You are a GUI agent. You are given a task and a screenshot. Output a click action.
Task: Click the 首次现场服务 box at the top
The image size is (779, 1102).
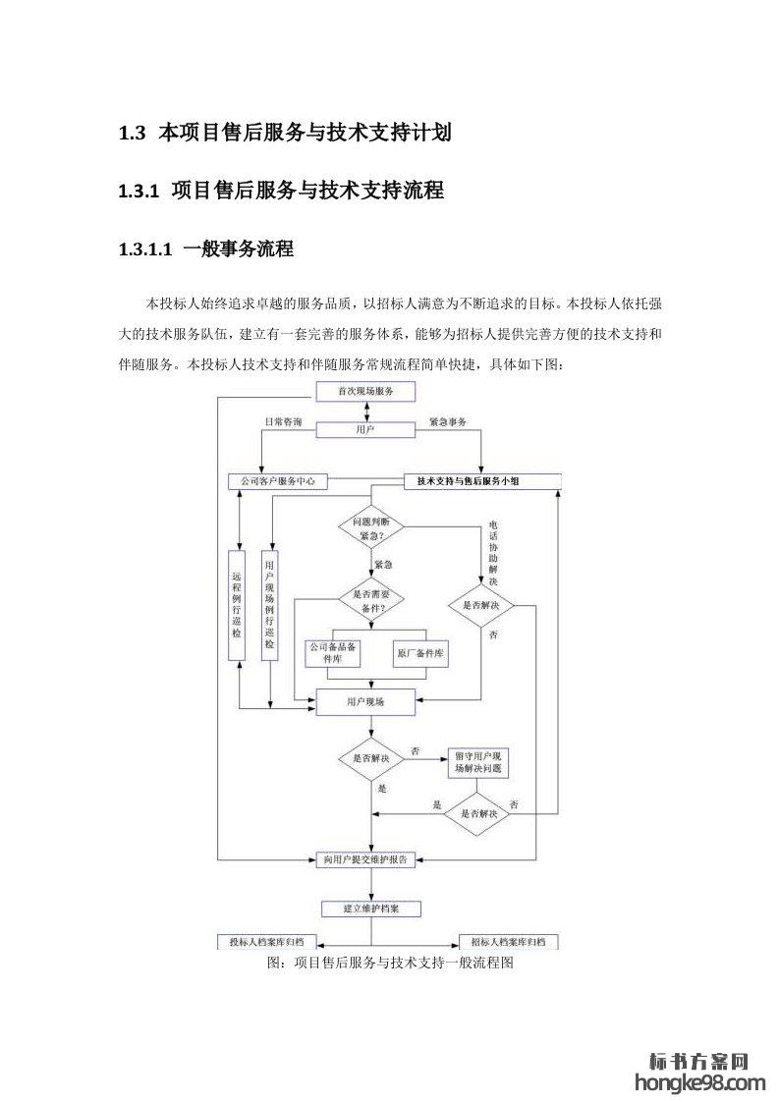point(365,392)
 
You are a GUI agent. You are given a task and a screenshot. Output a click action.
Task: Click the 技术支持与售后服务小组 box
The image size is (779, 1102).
point(482,481)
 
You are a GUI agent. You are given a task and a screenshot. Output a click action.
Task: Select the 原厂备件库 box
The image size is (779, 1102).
point(421,652)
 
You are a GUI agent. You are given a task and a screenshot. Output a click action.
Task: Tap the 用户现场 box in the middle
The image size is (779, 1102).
point(365,702)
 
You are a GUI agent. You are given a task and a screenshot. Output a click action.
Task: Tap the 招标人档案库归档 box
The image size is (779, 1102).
point(509,942)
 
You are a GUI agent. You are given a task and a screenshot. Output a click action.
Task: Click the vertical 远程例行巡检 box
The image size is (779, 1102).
point(237,605)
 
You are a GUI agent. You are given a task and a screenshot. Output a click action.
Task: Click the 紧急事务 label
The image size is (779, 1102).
point(448,421)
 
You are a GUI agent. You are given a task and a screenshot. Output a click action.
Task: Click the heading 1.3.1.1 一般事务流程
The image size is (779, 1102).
point(205,249)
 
